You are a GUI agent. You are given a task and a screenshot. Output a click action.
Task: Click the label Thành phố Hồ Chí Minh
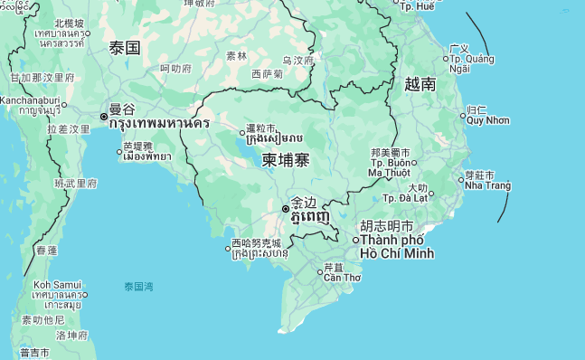(397, 246)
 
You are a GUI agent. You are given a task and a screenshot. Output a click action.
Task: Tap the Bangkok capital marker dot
(104, 117)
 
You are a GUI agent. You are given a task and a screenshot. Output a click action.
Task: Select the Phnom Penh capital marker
(286, 209)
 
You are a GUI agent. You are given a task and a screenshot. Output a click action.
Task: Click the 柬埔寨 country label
(286, 160)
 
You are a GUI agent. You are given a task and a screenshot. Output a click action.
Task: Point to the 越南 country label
(420, 84)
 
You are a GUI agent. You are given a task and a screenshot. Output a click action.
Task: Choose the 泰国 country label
(124, 47)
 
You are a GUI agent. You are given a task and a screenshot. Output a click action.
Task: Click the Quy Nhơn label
(487, 120)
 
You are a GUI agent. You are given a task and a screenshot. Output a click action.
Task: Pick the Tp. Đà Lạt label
(404, 197)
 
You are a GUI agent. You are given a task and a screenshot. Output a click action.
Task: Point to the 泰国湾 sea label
(138, 287)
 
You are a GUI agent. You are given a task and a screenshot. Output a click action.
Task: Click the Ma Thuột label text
(389, 172)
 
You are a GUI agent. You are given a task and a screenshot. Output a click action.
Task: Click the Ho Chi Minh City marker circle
(355, 240)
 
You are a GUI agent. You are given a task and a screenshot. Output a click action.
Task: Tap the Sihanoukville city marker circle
(228, 249)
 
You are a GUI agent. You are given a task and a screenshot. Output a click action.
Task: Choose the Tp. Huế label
(416, 6)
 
